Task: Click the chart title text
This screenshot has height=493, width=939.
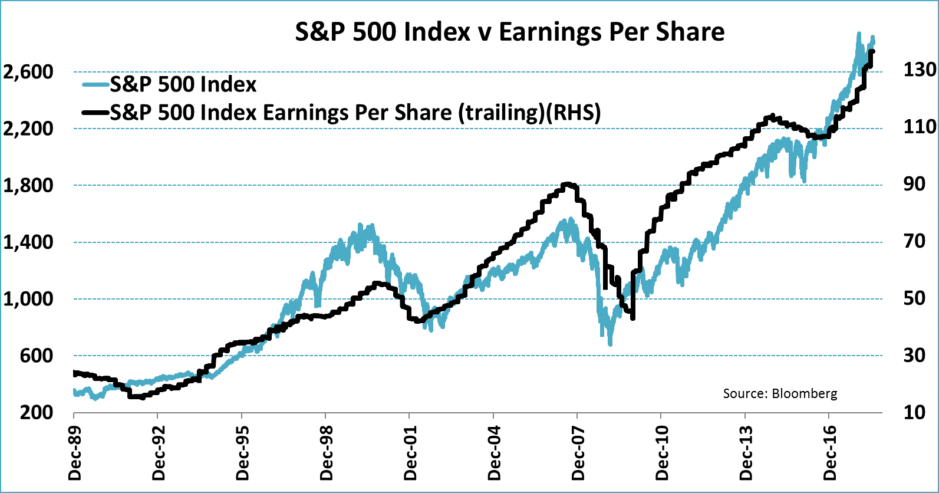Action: pos(509,32)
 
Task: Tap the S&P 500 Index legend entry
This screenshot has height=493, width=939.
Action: pos(183,84)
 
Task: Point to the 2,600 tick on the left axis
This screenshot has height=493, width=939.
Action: pos(28,72)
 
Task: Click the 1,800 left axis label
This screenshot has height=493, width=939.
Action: pos(28,186)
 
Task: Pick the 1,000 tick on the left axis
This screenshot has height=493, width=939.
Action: pos(28,299)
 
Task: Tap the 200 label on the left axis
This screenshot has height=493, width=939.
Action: pos(37,412)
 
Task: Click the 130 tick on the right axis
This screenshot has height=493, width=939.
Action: pos(920,70)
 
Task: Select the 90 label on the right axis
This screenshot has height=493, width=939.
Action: pos(914,184)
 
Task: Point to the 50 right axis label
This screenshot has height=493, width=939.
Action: pos(914,298)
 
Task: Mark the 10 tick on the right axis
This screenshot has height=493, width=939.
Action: pos(914,412)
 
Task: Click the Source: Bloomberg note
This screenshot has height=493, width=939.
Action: pos(780,393)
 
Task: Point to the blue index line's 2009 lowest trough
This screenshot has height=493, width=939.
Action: pos(610,343)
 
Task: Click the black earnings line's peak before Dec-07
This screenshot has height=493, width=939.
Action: pos(567,184)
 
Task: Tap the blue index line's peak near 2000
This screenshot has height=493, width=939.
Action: pos(360,226)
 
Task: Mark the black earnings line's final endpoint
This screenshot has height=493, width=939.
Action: pos(872,52)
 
